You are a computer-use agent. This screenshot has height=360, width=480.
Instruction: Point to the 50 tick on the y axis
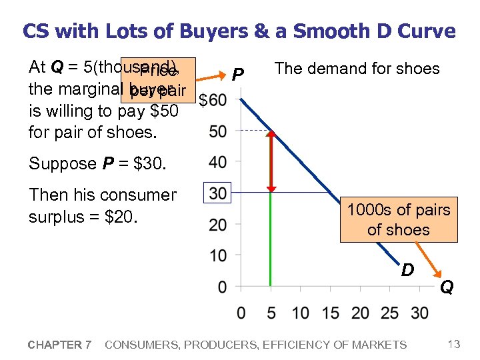(217, 131)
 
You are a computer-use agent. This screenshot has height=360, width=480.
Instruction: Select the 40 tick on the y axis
(217, 162)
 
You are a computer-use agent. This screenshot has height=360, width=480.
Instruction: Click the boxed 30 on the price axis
(217, 193)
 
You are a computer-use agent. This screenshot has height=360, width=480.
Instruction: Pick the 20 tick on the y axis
(217, 225)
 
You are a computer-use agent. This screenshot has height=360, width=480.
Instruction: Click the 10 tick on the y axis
(217, 255)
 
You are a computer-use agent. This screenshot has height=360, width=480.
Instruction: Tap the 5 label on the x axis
(270, 313)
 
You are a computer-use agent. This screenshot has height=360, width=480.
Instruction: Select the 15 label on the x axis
(330, 313)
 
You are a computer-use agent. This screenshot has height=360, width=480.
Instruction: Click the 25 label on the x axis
(390, 313)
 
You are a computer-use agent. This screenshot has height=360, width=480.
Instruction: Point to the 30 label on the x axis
(420, 313)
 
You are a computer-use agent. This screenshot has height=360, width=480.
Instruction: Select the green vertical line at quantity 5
(271, 240)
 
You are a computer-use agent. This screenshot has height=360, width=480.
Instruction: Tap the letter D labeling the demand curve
(408, 270)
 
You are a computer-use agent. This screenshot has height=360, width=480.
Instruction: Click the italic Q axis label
(446, 287)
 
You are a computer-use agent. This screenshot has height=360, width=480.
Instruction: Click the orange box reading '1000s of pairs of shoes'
(398, 219)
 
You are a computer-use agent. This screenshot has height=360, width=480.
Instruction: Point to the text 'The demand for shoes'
(357, 69)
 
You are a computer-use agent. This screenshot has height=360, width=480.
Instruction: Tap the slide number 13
(454, 344)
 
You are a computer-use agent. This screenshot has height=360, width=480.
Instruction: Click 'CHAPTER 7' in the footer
(59, 345)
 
